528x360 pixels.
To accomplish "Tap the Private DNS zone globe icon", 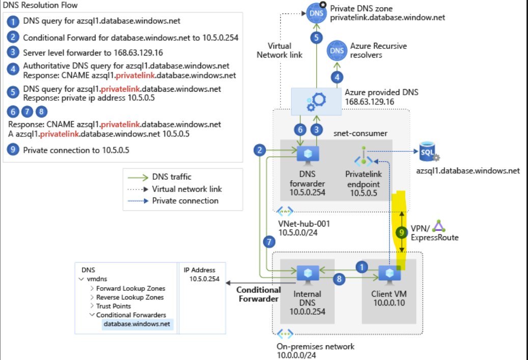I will coord(317,12).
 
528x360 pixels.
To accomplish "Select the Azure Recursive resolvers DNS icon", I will coord(337,50).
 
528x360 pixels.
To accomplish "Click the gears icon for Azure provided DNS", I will coord(316,101).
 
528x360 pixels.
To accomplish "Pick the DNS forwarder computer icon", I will coord(308,154).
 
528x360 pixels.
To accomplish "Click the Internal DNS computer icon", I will coord(308,273).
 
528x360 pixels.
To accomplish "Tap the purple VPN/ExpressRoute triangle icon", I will coord(440,226).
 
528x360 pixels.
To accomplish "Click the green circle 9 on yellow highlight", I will coord(402,232).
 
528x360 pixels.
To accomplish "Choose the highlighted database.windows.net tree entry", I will coord(137,324).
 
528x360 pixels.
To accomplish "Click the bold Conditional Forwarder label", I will coord(259,294).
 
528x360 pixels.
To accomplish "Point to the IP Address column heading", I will coord(200,270).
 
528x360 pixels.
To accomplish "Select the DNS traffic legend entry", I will coord(172,177).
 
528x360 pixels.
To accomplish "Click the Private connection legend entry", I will coord(185,201).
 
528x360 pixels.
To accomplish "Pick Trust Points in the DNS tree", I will coord(113,306).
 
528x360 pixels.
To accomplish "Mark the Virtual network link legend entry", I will coord(187,189).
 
